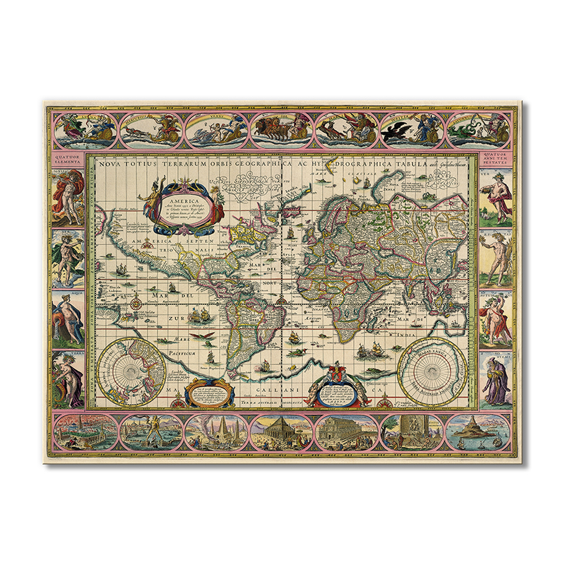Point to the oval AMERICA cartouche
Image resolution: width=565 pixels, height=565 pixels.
tap(181, 208)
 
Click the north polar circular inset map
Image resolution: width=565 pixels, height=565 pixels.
tap(132, 370)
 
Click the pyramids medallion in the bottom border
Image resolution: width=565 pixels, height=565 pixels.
tap(213, 432)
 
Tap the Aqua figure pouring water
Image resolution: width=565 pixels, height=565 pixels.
tap(69, 318)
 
